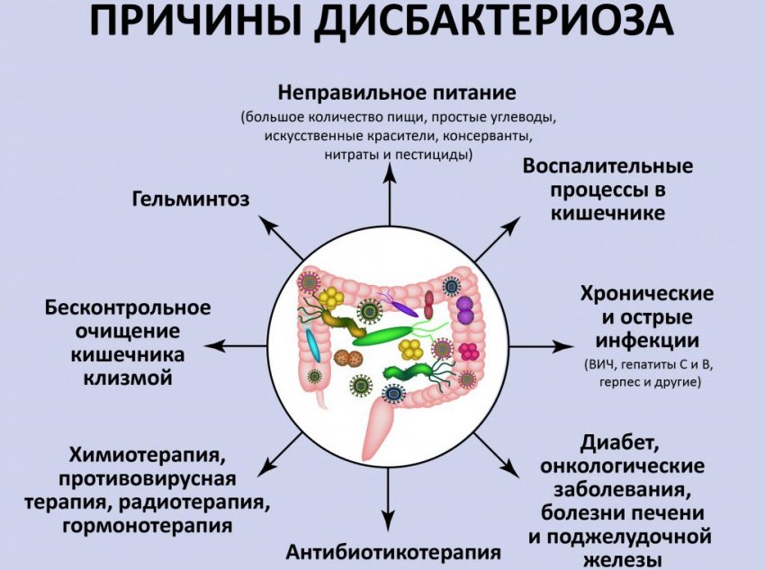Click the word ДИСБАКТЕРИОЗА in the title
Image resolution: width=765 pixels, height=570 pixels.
pyautogui.click(x=493, y=21)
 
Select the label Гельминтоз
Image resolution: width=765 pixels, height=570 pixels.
pyautogui.click(x=191, y=199)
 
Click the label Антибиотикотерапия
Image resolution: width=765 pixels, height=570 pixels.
pyautogui.click(x=393, y=552)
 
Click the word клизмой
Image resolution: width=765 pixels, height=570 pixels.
pyautogui.click(x=128, y=378)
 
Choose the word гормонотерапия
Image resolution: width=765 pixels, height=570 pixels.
pyautogui.click(x=148, y=526)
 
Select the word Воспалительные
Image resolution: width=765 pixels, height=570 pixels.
pyautogui.click(x=607, y=166)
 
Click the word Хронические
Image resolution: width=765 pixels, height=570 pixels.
pyautogui.click(x=647, y=294)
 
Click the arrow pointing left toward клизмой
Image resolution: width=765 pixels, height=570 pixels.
pyautogui.click(x=235, y=346)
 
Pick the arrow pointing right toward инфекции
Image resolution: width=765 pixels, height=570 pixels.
pyautogui.click(x=542, y=346)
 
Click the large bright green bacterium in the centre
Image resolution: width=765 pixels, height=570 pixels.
pyautogui.click(x=384, y=335)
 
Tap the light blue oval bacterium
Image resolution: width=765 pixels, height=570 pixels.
pyautogui.click(x=312, y=345)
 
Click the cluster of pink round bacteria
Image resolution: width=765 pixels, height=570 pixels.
pyautogui.click(x=468, y=352)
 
